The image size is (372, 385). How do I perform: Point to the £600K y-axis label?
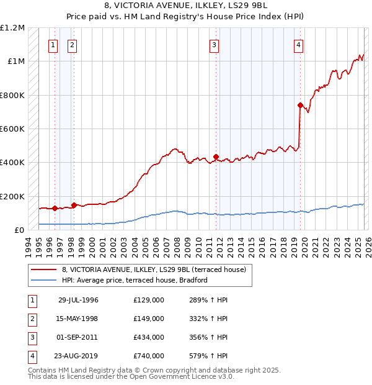point(12,129)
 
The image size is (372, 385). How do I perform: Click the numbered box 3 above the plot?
point(214,44)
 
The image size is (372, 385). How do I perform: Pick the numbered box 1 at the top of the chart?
point(53,44)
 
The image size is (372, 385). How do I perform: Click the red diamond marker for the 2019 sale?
point(300,106)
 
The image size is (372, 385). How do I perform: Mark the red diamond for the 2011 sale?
point(216,157)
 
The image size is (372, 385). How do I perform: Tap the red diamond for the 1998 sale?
point(74,205)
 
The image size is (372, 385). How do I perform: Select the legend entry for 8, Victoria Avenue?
point(154,269)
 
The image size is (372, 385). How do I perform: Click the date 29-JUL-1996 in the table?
point(78,300)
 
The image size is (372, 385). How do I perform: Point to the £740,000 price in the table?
point(149,356)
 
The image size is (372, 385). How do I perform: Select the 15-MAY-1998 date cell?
point(78,319)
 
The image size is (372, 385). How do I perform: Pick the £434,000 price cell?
point(149,337)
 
